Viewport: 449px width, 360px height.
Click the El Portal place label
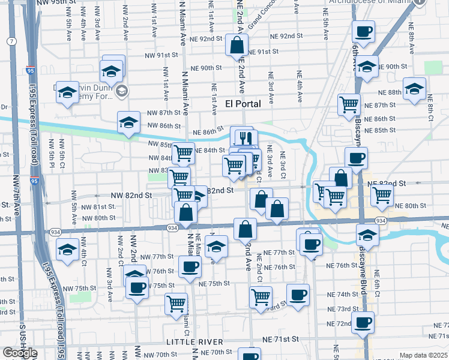(x=243, y=104)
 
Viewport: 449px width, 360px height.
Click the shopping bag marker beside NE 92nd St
(x=237, y=44)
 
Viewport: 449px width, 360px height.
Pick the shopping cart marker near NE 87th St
(x=349, y=104)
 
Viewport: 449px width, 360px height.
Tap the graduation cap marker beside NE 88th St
(x=414, y=88)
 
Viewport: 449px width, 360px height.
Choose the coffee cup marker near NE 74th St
(x=298, y=294)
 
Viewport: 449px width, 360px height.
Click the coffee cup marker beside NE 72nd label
(x=363, y=322)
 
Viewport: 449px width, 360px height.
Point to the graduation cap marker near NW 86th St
(x=128, y=122)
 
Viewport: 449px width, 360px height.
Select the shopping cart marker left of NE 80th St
(x=381, y=194)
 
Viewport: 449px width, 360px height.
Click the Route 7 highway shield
(x=11, y=41)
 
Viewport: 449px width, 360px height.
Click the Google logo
(x=20, y=352)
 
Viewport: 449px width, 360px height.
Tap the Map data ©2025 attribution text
(x=423, y=355)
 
